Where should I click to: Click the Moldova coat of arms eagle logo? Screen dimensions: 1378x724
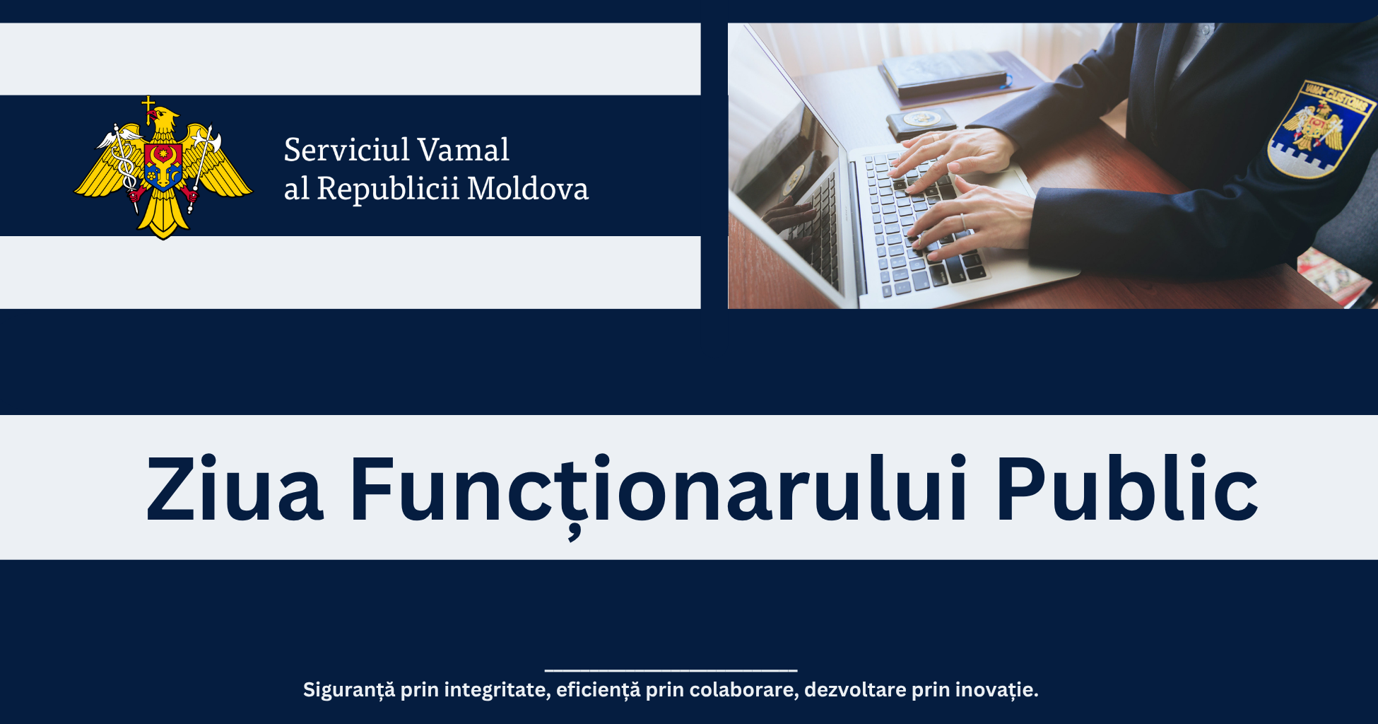click(163, 168)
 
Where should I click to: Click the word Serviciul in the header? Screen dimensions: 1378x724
click(347, 150)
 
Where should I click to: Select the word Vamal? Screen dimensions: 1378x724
click(464, 150)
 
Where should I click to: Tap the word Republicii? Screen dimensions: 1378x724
click(388, 189)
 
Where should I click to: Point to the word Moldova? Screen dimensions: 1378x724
click(528, 189)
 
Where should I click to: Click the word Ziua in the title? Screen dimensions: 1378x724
click(235, 489)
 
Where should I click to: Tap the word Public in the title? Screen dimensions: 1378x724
click(1127, 489)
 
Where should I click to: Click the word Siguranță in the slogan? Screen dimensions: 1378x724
click(349, 690)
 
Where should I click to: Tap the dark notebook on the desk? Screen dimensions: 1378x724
click(943, 74)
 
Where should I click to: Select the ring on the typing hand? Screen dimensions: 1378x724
click(962, 221)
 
